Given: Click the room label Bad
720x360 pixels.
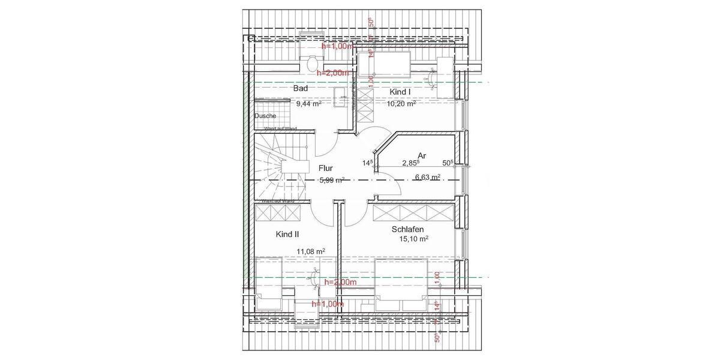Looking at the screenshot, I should tap(301, 88).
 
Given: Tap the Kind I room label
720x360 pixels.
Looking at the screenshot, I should tap(400, 91).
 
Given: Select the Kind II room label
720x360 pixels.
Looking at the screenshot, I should tap(287, 234).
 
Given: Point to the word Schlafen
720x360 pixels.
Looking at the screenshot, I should tap(408, 229).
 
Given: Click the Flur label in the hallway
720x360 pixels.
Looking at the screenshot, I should tap(326, 169).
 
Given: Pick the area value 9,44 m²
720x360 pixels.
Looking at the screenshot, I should tap(308, 103).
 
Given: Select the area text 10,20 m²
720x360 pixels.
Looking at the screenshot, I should tap(401, 103).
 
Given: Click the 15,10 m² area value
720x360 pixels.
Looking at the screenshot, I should tap(413, 239).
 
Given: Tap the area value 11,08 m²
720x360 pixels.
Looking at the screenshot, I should tap(311, 251).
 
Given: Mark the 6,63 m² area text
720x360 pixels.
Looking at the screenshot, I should tap(427, 177).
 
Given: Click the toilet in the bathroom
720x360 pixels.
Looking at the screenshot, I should tap(311, 64).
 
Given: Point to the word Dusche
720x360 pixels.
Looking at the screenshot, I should tap(265, 116).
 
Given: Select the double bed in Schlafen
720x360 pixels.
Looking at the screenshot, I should tap(401, 284).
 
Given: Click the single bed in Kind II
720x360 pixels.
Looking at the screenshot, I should tap(268, 280).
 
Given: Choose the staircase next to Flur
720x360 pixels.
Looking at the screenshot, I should tap(279, 168).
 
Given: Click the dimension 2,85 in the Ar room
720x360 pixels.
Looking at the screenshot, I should tap(410, 163).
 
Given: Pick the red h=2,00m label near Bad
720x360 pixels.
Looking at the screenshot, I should tap(332, 73).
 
